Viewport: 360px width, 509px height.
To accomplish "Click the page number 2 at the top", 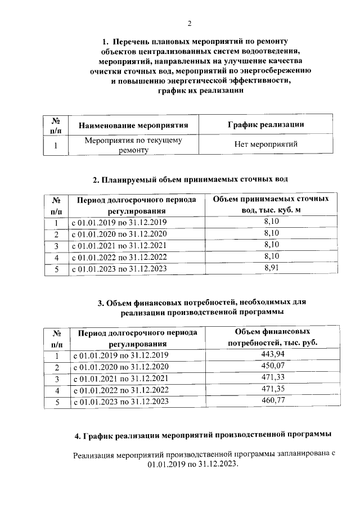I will [x=190, y=23].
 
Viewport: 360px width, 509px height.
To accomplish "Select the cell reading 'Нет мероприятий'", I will [x=265, y=144].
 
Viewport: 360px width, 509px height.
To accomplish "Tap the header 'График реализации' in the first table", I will [x=265, y=124].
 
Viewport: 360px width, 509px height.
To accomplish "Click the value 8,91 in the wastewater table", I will [x=272, y=268].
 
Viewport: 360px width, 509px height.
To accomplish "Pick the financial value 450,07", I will [x=272, y=366].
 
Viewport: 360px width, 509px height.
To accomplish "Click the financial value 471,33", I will [x=272, y=378].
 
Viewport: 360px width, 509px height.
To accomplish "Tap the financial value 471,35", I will [x=272, y=390].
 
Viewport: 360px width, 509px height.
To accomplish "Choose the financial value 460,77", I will [x=272, y=402].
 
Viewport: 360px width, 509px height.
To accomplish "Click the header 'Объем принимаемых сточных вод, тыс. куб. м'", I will [x=272, y=205].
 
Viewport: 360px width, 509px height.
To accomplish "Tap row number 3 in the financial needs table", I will [x=56, y=379].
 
